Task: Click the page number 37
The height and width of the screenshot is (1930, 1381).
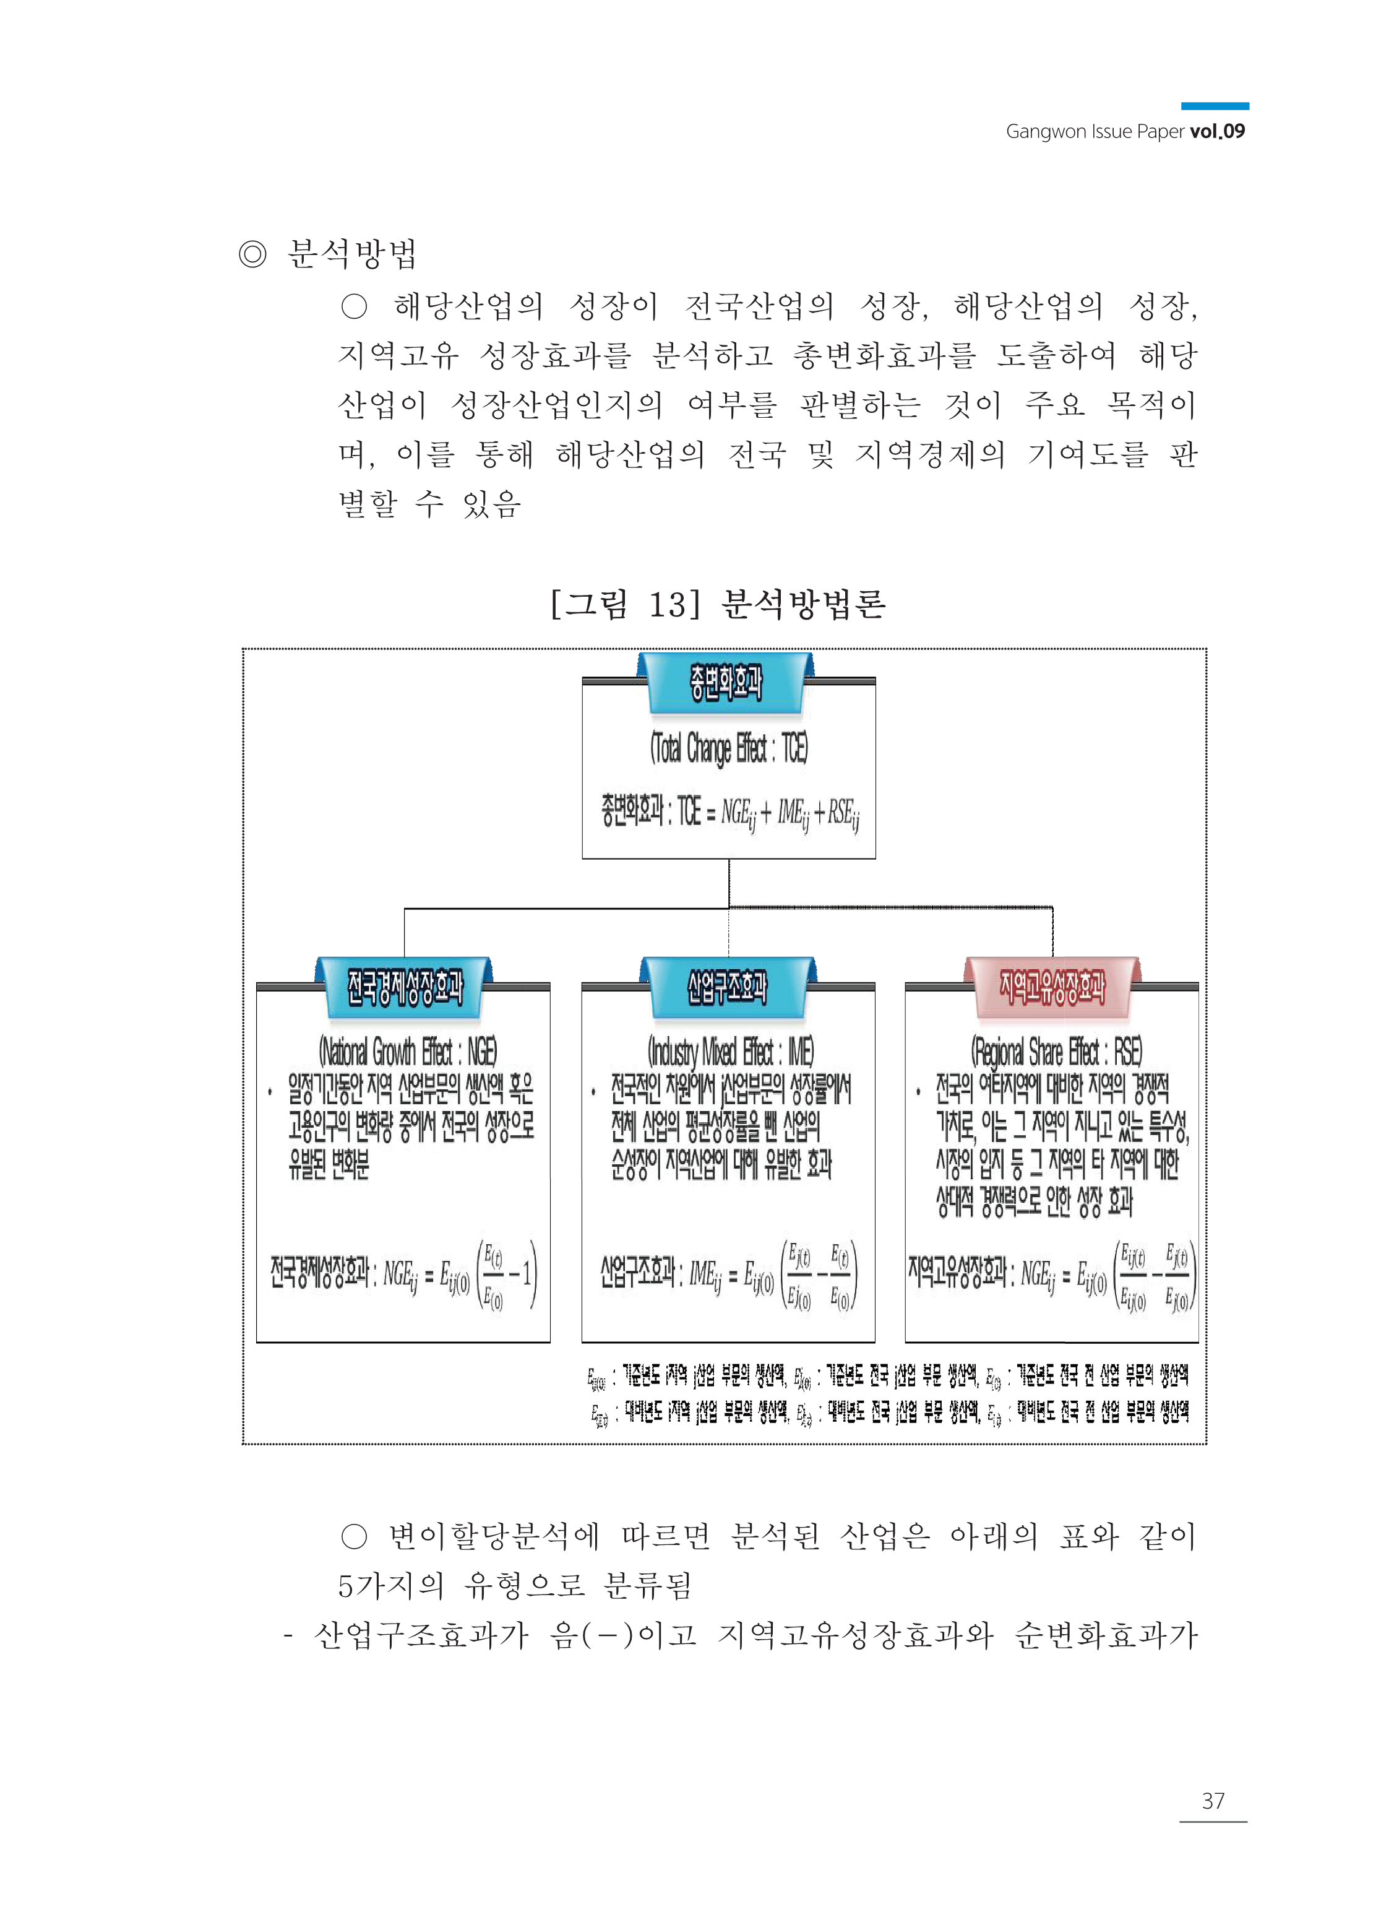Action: tap(1213, 1800)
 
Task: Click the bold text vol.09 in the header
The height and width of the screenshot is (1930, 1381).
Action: tap(1217, 131)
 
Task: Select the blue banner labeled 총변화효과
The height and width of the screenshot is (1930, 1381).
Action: tap(725, 682)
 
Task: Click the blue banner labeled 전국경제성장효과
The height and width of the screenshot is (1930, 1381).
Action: tap(404, 987)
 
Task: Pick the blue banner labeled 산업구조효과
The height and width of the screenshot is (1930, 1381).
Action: tap(727, 987)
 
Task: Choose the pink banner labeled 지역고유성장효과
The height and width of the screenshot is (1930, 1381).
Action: tap(1052, 987)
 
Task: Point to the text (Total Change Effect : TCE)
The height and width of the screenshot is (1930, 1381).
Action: tap(729, 748)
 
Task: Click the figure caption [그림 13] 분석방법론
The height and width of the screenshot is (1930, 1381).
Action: tap(718, 604)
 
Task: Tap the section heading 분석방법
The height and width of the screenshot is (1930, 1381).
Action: tap(352, 254)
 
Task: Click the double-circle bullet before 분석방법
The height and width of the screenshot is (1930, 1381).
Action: tap(252, 254)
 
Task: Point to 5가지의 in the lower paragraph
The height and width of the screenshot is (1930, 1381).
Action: tap(390, 1585)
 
